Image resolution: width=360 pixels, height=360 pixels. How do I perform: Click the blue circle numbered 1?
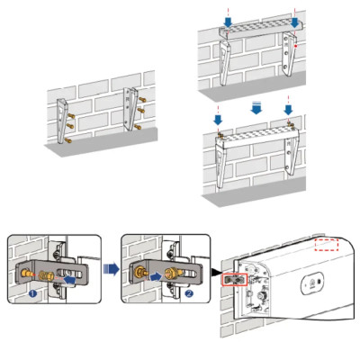click(x=33, y=293)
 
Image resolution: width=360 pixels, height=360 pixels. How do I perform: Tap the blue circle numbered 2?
click(x=189, y=293)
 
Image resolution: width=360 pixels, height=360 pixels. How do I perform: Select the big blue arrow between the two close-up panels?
click(x=111, y=269)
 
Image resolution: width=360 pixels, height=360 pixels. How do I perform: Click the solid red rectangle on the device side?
click(x=234, y=280)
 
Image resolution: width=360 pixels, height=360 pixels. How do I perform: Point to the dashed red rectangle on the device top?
click(x=327, y=245)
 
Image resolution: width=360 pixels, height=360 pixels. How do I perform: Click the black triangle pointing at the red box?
click(x=216, y=272)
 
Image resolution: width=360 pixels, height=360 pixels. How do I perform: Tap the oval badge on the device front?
click(x=311, y=282)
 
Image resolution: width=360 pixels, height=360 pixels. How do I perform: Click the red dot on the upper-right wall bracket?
click(x=296, y=46)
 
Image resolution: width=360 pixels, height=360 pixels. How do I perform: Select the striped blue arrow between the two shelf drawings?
click(x=256, y=108)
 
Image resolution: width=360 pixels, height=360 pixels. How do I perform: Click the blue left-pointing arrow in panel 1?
click(x=69, y=280)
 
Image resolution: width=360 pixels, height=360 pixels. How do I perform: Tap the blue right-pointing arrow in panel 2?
click(x=156, y=276)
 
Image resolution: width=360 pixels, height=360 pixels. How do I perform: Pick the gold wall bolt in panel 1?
click(x=26, y=273)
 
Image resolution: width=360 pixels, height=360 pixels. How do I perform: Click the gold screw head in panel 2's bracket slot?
click(x=170, y=273)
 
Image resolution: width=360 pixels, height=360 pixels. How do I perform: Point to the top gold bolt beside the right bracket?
click(x=142, y=100)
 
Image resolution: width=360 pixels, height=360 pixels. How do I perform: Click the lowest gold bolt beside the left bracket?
click(x=68, y=139)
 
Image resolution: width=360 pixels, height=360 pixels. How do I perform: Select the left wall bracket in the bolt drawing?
click(x=62, y=121)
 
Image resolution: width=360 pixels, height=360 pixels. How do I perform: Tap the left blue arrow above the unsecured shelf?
click(x=229, y=22)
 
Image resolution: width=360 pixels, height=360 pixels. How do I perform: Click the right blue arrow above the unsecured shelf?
click(x=294, y=22)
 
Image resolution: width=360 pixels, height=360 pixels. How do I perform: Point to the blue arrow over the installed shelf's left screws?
click(x=218, y=120)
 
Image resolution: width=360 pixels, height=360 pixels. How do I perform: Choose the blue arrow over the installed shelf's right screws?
click(x=288, y=110)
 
